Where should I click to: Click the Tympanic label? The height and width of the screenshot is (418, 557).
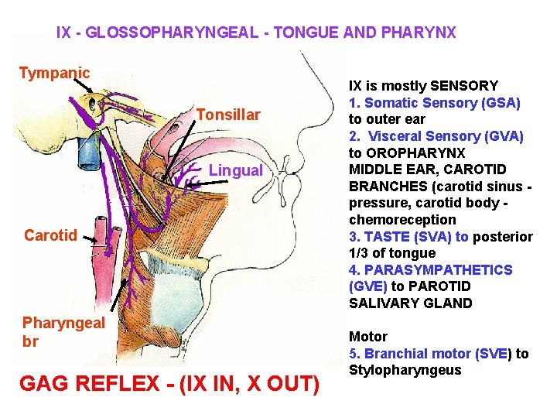click(54, 74)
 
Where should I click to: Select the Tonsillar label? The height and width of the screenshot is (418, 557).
click(227, 115)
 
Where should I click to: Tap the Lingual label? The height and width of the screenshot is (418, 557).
click(236, 170)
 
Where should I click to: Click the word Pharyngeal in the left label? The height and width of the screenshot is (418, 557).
click(63, 323)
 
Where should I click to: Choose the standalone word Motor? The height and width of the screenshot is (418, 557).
click(368, 337)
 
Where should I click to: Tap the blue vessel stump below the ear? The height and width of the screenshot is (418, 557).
click(84, 154)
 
